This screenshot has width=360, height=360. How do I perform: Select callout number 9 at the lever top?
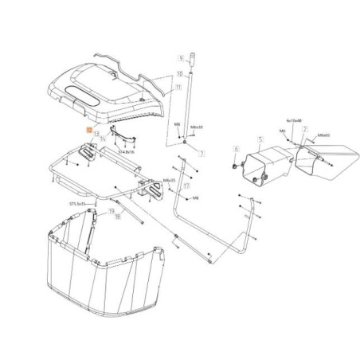[x=181, y=57]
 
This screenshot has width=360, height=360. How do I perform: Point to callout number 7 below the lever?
[x=202, y=153]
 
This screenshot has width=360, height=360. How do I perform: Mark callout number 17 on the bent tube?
[x=185, y=187]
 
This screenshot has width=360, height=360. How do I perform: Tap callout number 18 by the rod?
[x=117, y=217]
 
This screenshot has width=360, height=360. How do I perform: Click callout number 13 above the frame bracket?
[x=96, y=135]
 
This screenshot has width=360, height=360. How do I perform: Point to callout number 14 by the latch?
[x=103, y=140]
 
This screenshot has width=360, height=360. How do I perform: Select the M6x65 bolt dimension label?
[x=324, y=136]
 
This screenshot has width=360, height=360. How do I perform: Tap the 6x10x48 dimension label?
[x=295, y=121]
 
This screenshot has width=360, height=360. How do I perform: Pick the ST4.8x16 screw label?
[x=127, y=149]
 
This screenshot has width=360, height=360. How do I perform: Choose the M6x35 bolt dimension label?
[x=170, y=181]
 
